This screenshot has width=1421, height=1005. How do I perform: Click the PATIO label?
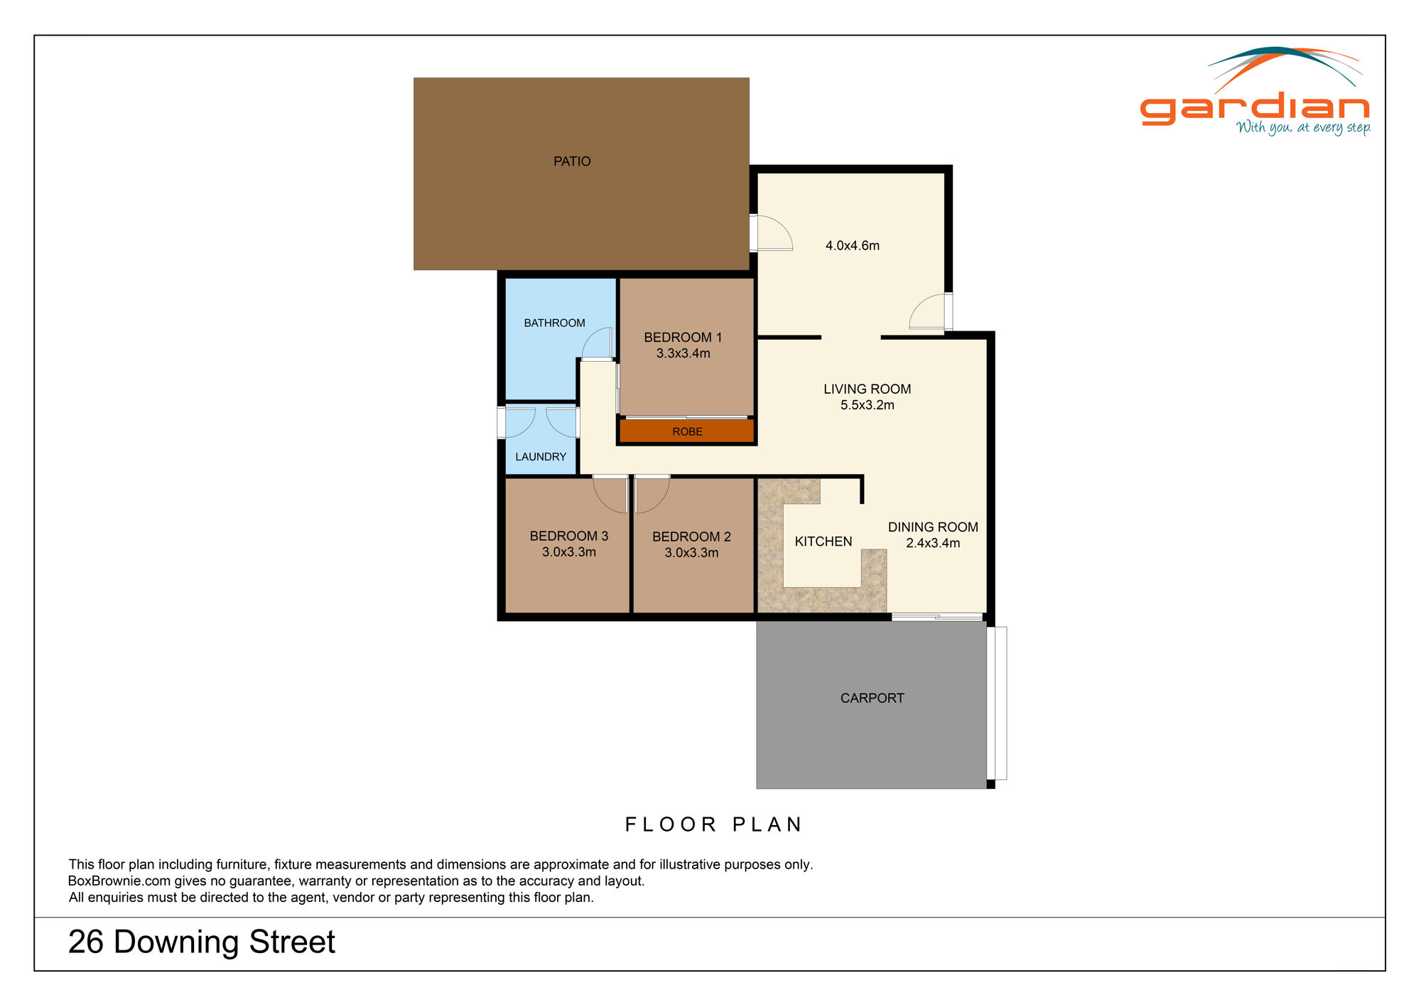click(x=572, y=161)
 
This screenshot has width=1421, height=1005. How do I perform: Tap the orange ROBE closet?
click(x=686, y=431)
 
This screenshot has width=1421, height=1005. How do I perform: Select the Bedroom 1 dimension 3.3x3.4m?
click(x=683, y=353)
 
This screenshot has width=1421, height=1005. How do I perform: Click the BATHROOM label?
click(x=554, y=323)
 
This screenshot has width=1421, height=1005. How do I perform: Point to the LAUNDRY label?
click(x=541, y=456)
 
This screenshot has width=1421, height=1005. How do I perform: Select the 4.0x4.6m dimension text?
click(x=852, y=245)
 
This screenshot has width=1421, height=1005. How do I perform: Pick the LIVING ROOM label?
click(x=867, y=389)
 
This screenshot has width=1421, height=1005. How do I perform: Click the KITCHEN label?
click(x=823, y=542)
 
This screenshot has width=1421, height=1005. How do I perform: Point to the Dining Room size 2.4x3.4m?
click(x=932, y=543)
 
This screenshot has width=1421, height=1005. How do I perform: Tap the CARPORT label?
click(x=872, y=698)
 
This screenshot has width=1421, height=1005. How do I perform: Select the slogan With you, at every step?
click(x=1303, y=128)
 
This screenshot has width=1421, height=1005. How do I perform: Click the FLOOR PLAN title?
click(x=713, y=824)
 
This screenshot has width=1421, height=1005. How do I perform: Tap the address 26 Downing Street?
click(x=201, y=942)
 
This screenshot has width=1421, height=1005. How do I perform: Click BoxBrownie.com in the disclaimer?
click(x=119, y=881)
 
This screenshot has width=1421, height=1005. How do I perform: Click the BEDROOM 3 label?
click(x=568, y=536)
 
